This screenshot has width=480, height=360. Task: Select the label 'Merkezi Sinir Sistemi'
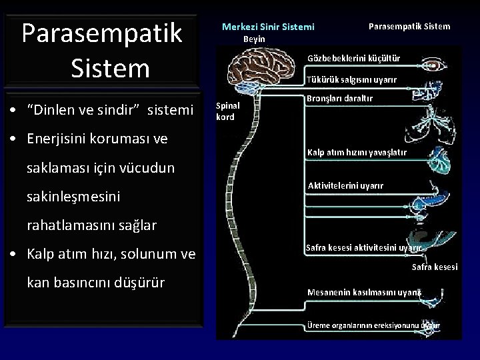[267, 27]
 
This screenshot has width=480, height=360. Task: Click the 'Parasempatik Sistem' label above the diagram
[409, 26]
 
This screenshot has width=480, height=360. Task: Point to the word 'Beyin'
[254, 39]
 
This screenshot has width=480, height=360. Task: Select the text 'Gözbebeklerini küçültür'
[353, 58]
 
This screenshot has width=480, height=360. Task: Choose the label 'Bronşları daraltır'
[339, 99]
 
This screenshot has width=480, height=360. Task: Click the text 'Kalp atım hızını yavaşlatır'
[356, 153]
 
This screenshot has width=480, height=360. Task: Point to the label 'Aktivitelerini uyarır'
[345, 185]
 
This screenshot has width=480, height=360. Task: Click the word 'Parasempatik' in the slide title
[102, 33]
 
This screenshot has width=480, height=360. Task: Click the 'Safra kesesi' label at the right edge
[435, 267]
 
